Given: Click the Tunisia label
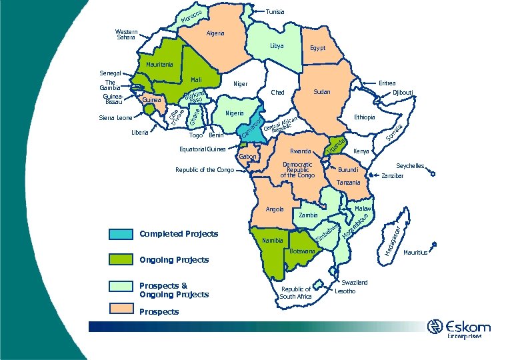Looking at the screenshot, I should point(275,12).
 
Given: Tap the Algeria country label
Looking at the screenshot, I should point(215,33).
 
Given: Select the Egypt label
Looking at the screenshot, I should point(317,49).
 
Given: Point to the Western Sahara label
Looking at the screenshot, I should point(126,35).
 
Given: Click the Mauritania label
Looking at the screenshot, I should point(159,65).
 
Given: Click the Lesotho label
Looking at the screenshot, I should point(345,291).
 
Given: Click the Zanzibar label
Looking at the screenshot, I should point(393,176).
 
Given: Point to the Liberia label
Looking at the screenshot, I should point(140,133).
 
